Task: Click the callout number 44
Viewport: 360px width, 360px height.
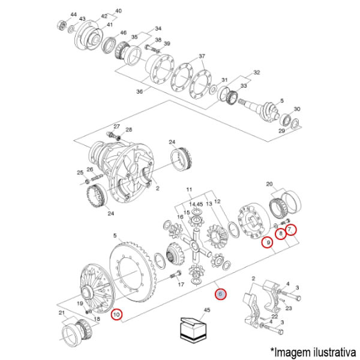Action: pos(73,14)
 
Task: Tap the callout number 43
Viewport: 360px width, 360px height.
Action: pos(83,19)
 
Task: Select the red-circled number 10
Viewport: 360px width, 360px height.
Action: pos(116,313)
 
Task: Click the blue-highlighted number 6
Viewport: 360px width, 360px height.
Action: pos(220,294)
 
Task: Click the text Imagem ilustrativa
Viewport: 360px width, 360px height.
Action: pos(313,350)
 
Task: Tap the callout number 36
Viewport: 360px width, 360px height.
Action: pos(140,91)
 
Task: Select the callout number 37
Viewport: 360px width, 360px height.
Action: pos(202,57)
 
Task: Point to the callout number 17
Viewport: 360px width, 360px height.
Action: pos(181,286)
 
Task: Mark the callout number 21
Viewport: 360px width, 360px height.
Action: pos(61,313)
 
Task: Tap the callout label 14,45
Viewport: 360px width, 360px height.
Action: pos(196,205)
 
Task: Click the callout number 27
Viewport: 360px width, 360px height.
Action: pos(117,127)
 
